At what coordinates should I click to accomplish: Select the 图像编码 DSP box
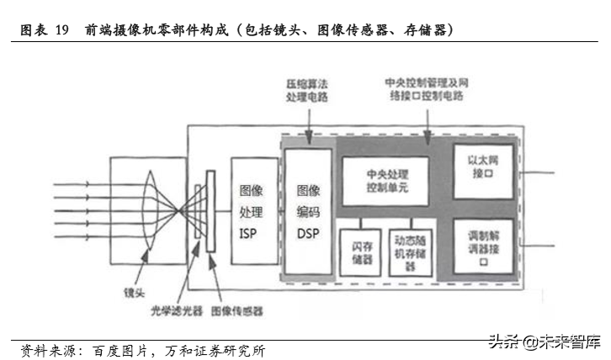coord(308,211)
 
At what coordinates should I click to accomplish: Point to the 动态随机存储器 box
coord(410,252)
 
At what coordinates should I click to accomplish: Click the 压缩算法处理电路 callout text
coord(305,91)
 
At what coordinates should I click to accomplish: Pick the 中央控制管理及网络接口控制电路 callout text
coord(428,91)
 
